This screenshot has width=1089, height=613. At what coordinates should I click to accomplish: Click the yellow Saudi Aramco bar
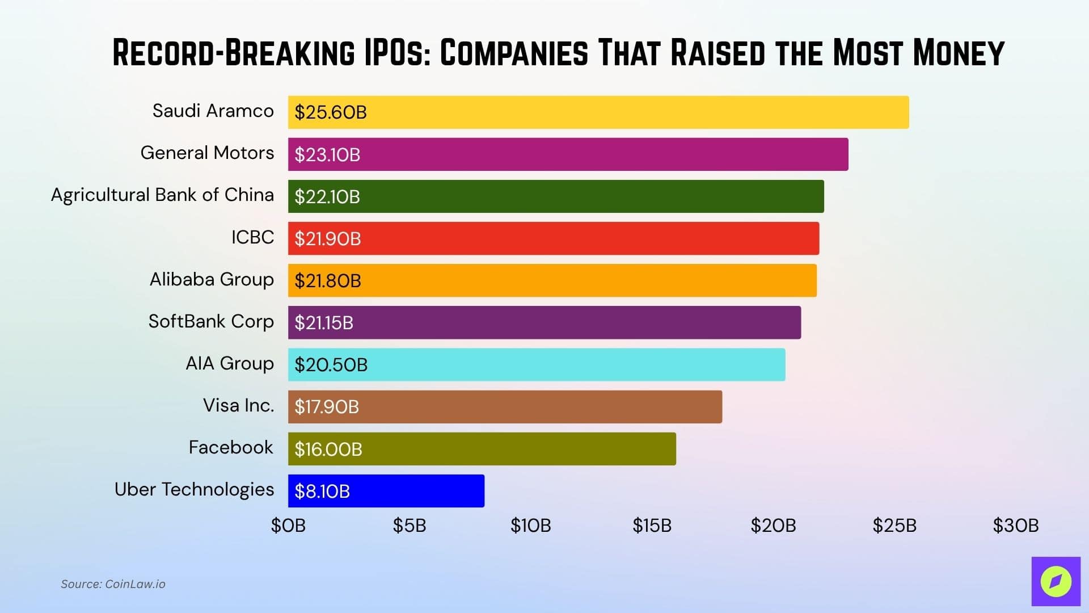(598, 112)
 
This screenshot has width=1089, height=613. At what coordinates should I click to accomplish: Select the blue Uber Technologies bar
(386, 491)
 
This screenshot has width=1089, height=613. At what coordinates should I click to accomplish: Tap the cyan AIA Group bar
(537, 365)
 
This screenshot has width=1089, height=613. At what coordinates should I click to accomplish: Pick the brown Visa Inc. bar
(505, 407)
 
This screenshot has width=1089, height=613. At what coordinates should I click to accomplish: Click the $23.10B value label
(327, 155)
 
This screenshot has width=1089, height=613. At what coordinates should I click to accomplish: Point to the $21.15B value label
(324, 323)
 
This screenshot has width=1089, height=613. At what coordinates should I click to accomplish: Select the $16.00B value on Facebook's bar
(328, 450)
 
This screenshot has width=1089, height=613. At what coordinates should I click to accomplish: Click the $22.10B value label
(327, 197)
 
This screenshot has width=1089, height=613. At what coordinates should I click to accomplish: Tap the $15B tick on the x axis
(652, 526)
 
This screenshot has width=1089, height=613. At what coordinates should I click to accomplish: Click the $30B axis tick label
(1015, 526)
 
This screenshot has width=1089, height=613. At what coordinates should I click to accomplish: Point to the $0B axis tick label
(288, 526)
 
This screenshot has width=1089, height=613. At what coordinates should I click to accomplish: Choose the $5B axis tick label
(410, 526)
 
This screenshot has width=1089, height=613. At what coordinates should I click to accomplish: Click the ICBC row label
(252, 237)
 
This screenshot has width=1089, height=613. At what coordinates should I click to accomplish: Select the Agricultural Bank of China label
(162, 195)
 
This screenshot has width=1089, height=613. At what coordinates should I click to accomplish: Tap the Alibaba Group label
(212, 280)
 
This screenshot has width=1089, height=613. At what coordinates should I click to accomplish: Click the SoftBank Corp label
(211, 322)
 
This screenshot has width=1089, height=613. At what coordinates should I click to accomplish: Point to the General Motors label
(207, 153)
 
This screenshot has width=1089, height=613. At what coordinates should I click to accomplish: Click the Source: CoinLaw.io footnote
(113, 584)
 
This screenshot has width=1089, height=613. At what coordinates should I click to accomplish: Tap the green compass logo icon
(1056, 581)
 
